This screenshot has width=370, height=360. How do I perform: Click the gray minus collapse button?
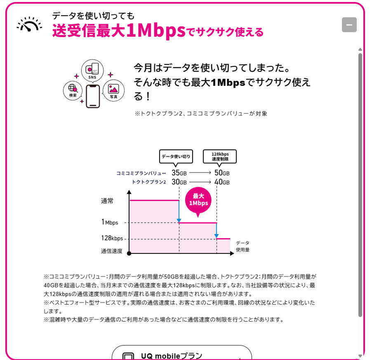pyautogui.click(x=349, y=25)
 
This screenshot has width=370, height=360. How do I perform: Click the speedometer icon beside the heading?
pyautogui.click(x=29, y=24)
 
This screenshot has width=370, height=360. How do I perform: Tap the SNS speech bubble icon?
pyautogui.click(x=92, y=71)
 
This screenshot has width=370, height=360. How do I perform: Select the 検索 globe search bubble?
pyautogui.click(x=73, y=90)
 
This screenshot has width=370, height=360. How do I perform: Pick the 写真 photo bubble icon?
pyautogui.click(x=113, y=90)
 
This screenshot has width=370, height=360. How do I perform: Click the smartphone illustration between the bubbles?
pyautogui.click(x=93, y=96)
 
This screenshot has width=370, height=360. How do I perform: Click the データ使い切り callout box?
pyautogui.click(x=176, y=156)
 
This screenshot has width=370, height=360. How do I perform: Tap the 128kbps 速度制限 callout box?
pyautogui.click(x=220, y=156)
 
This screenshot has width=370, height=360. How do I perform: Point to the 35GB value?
pyautogui.click(x=179, y=173)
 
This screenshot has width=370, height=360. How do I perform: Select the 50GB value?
pyautogui.click(x=222, y=173)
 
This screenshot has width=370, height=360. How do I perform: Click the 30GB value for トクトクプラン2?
pyautogui.click(x=179, y=182)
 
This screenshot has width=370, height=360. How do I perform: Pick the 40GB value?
pyautogui.click(x=222, y=182)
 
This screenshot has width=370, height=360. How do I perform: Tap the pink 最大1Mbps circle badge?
pyautogui.click(x=198, y=200)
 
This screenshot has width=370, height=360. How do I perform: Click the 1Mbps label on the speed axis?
pyautogui.click(x=110, y=222)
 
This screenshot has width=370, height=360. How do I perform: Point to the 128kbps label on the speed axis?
pyautogui.click(x=112, y=238)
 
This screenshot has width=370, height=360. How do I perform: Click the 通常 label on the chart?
pyautogui.click(x=107, y=201)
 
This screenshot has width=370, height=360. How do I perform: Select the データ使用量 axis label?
pyautogui.click(x=243, y=246)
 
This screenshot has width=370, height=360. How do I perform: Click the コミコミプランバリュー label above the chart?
pyautogui.click(x=141, y=173)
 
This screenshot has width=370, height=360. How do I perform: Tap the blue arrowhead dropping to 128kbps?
pyautogui.click(x=217, y=236)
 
